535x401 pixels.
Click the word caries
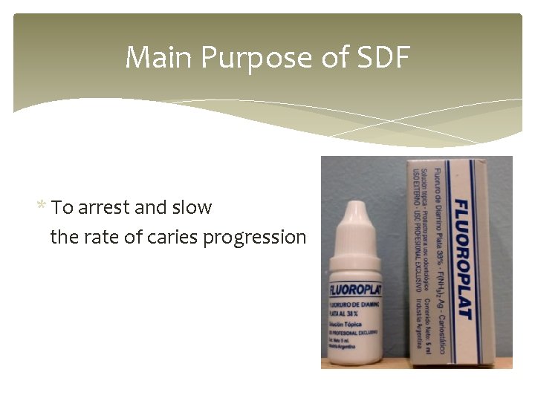[x=172, y=238]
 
